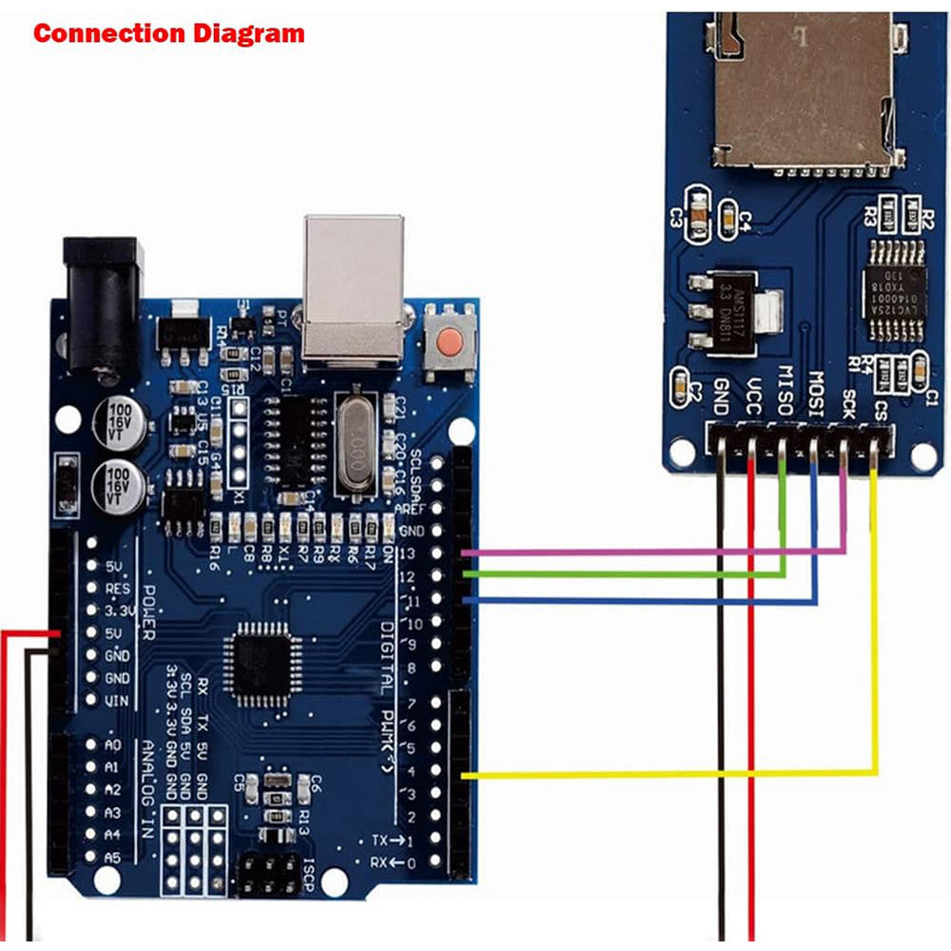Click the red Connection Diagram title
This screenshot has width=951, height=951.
[x=169, y=33]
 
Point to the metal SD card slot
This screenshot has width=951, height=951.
[x=804, y=90]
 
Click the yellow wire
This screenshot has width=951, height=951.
[x=666, y=774]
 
